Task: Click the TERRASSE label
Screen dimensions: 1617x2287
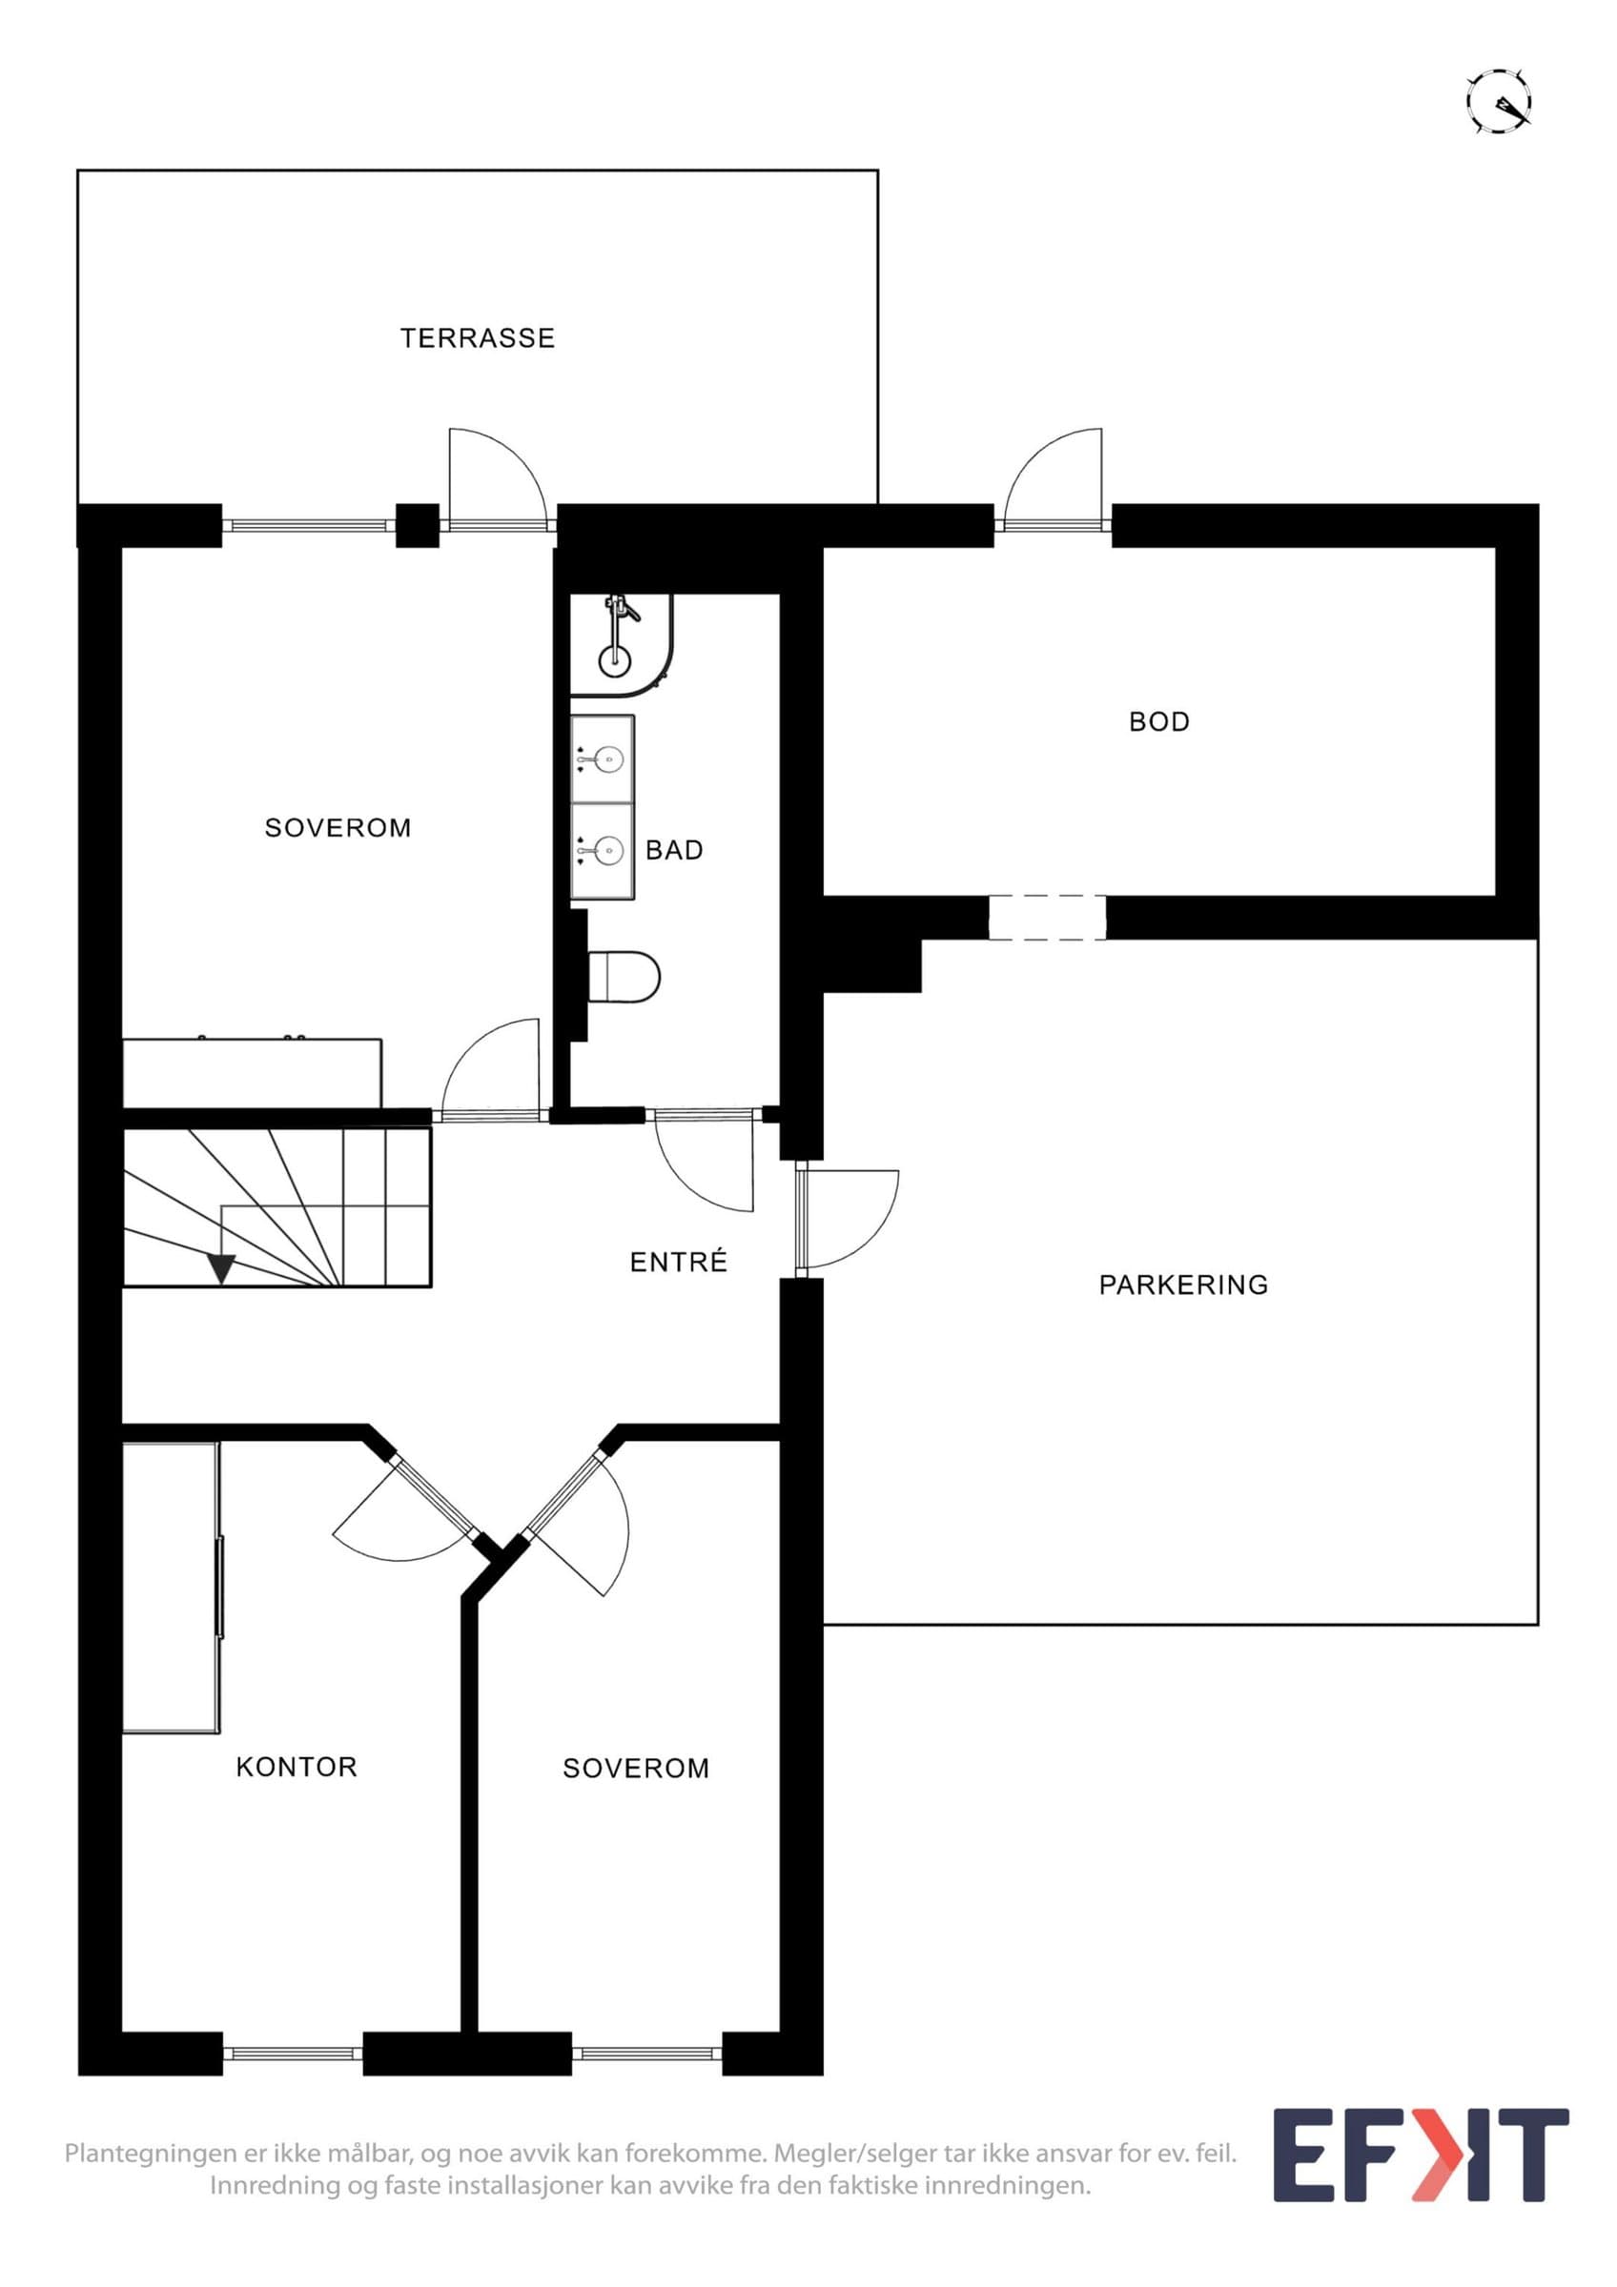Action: (478, 338)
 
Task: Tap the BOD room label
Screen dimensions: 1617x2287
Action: (1158, 721)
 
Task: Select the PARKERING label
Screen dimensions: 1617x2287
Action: (1183, 1285)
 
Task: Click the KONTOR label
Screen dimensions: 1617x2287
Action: (296, 1767)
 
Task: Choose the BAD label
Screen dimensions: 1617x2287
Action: (674, 850)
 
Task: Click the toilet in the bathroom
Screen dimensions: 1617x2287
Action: (624, 975)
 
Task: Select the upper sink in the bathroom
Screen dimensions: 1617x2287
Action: (603, 760)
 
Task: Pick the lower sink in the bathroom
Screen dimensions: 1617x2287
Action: (603, 852)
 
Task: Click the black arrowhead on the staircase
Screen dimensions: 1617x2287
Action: (221, 1268)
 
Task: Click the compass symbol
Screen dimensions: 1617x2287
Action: (1499, 101)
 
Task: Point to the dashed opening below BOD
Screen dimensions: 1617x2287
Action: (1047, 918)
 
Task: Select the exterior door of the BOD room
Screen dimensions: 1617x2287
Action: (1054, 479)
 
